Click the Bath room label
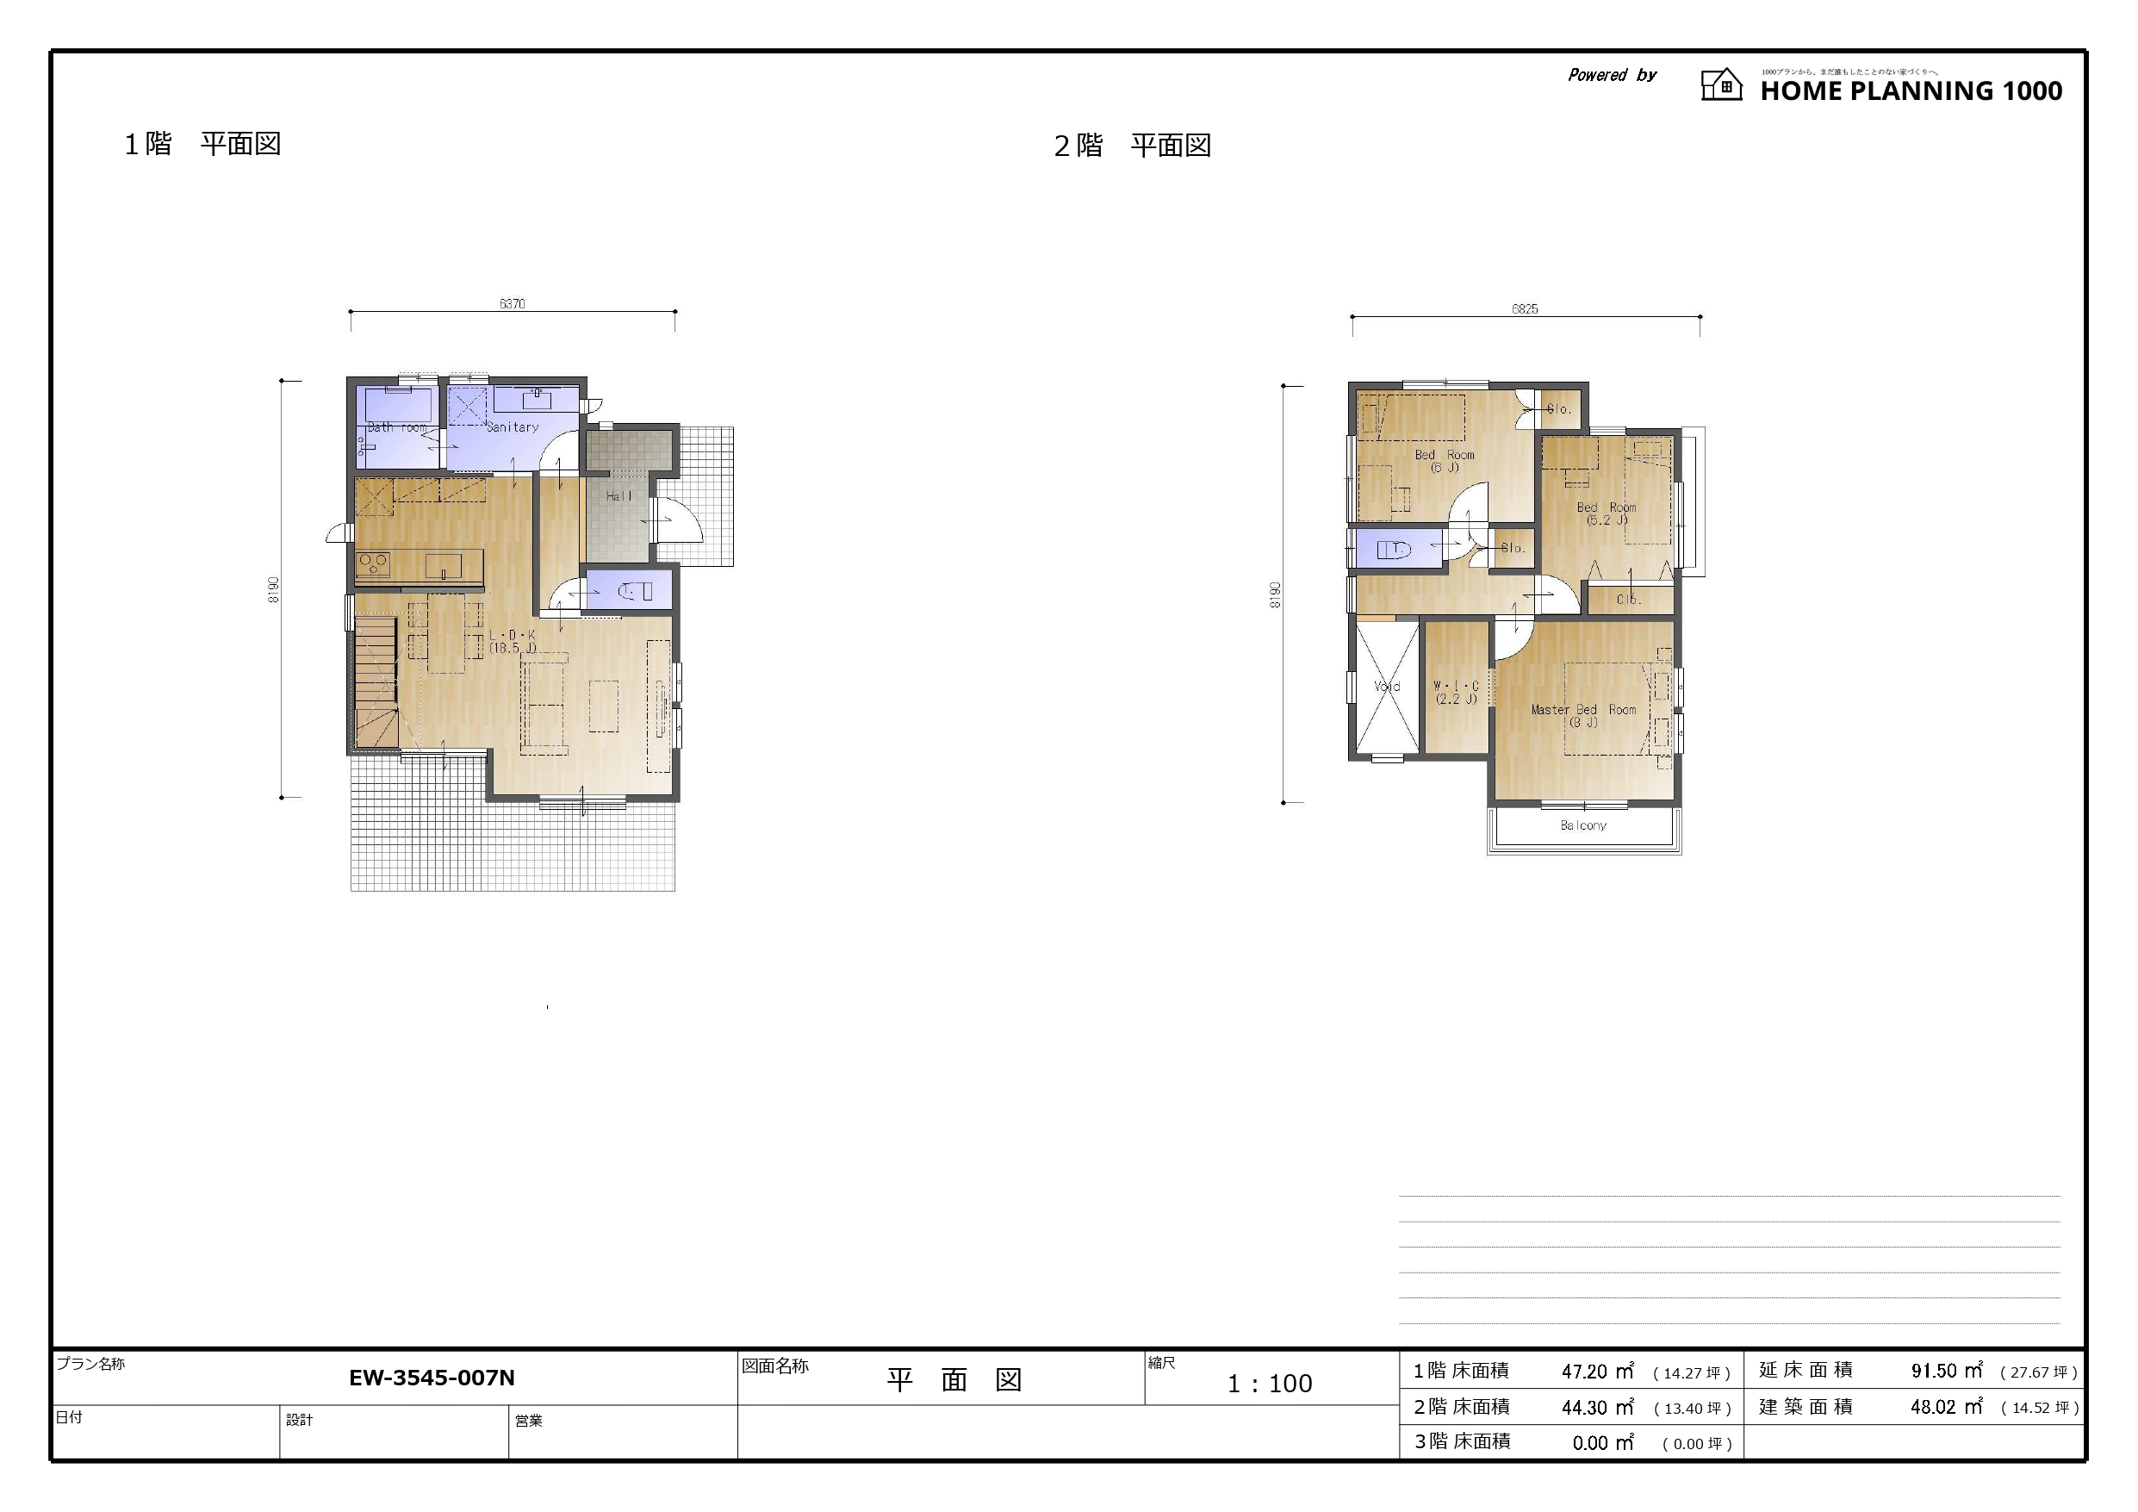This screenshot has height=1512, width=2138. coord(397,427)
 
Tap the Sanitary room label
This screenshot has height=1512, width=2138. coord(513,426)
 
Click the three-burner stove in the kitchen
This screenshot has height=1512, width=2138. coord(373,563)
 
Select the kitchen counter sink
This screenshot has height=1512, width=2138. coord(444,564)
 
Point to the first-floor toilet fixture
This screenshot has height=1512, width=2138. coord(636,591)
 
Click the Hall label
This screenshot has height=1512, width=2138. coord(618,496)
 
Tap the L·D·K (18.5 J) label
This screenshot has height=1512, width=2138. coord(513,642)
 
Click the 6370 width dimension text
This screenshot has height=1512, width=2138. coord(513,304)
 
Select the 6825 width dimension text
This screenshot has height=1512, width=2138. coord(1525,309)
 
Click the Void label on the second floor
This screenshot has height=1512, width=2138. coord(1387,687)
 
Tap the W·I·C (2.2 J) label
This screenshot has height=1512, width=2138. coord(1456,692)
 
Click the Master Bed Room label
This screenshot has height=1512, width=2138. coord(1583,715)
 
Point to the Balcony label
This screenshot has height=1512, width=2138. coord(1583,825)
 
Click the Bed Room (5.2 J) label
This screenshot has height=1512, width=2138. coord(1607,514)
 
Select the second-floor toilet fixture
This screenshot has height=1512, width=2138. coord(1395,550)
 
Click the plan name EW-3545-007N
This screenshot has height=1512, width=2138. coord(432,1378)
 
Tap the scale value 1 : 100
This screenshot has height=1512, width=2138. coord(1269,1384)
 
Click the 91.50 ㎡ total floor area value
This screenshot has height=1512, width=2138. coord(1946,1372)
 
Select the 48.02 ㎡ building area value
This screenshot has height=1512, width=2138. coord(1946,1407)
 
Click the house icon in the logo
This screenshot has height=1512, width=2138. coord(1721,84)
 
